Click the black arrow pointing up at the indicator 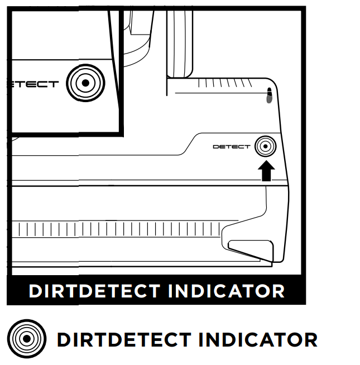(x=267, y=171)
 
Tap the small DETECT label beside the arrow (x=232, y=147)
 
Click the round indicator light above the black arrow (x=265, y=147)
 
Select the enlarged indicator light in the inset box (x=85, y=84)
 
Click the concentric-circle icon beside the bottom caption (x=25, y=339)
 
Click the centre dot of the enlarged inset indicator (x=85, y=84)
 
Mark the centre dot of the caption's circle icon (x=25, y=339)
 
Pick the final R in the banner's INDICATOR (x=277, y=291)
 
